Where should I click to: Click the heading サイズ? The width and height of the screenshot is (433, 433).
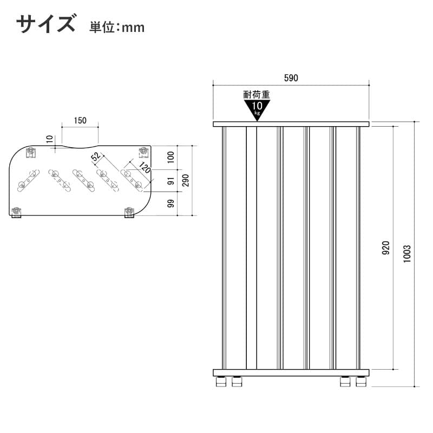pyautogui.click(x=45, y=24)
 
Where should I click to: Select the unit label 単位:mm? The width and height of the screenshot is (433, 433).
pyautogui.click(x=117, y=28)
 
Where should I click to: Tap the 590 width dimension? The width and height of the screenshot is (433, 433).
pyautogui.click(x=291, y=78)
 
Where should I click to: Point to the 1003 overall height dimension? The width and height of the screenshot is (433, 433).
pyautogui.click(x=407, y=254)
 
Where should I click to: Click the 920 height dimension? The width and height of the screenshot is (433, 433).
pyautogui.click(x=386, y=248)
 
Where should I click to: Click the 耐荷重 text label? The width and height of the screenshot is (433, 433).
pyautogui.click(x=257, y=95)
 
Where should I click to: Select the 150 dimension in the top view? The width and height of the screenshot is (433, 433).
pyautogui.click(x=80, y=120)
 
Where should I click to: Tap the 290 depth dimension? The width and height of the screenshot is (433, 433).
pyautogui.click(x=186, y=180)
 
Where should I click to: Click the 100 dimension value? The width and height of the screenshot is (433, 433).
pyautogui.click(x=171, y=157)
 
